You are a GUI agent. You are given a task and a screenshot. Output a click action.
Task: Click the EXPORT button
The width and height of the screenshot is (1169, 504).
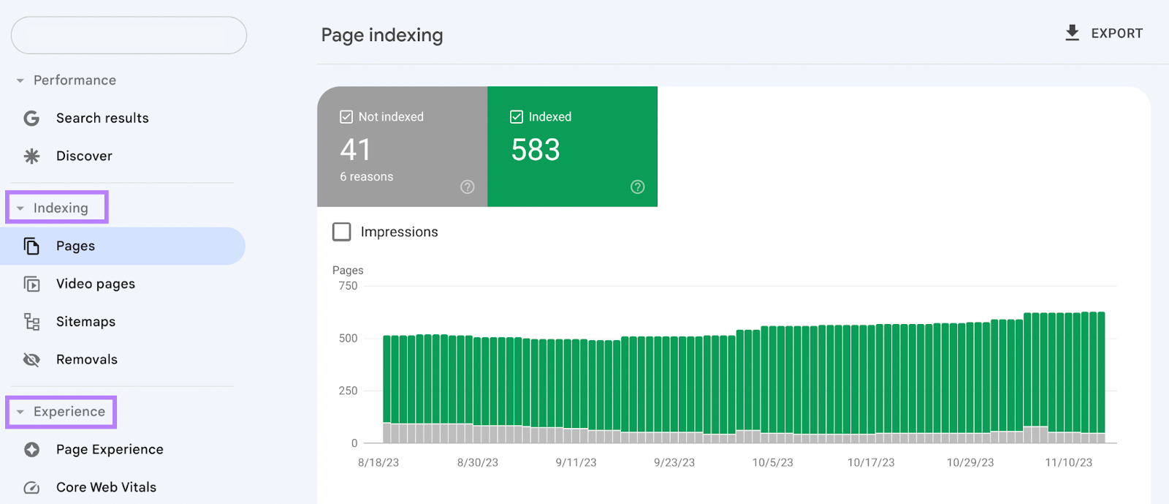pos(1104,34)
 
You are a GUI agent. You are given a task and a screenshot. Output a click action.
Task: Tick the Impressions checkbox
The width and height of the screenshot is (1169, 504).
pos(342,232)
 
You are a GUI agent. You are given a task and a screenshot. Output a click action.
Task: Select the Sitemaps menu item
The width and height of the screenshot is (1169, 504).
pos(85,322)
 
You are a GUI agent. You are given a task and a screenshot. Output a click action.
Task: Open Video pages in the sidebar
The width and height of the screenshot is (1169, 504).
pos(95,284)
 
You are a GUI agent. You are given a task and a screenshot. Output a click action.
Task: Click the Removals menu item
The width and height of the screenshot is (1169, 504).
pos(86,360)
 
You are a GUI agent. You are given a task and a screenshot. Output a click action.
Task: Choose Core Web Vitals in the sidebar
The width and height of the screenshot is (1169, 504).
pos(106,487)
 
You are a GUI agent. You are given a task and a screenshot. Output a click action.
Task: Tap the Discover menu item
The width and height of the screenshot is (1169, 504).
pos(84,156)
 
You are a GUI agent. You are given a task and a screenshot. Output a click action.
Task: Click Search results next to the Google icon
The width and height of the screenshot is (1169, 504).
pos(102,119)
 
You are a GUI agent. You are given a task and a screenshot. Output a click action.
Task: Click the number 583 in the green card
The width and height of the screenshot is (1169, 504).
pos(536,150)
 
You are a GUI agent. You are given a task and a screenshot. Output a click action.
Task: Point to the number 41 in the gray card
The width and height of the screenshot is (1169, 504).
pos(356,150)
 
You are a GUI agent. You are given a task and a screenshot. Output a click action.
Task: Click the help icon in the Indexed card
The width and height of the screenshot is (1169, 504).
pos(638,187)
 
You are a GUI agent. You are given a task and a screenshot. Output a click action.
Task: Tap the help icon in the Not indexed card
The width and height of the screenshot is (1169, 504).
pos(468,187)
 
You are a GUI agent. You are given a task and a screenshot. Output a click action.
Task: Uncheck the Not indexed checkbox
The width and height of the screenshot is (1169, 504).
pos(346,117)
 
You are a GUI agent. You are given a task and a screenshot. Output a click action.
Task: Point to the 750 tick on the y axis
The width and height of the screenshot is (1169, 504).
pos(348,286)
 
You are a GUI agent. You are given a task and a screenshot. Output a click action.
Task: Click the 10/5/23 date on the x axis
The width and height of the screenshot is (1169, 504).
pos(772,463)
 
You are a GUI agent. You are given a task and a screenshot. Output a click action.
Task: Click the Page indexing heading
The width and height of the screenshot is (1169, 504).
pos(382,35)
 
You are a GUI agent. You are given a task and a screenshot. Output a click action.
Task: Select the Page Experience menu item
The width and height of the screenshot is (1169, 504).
pos(110,450)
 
